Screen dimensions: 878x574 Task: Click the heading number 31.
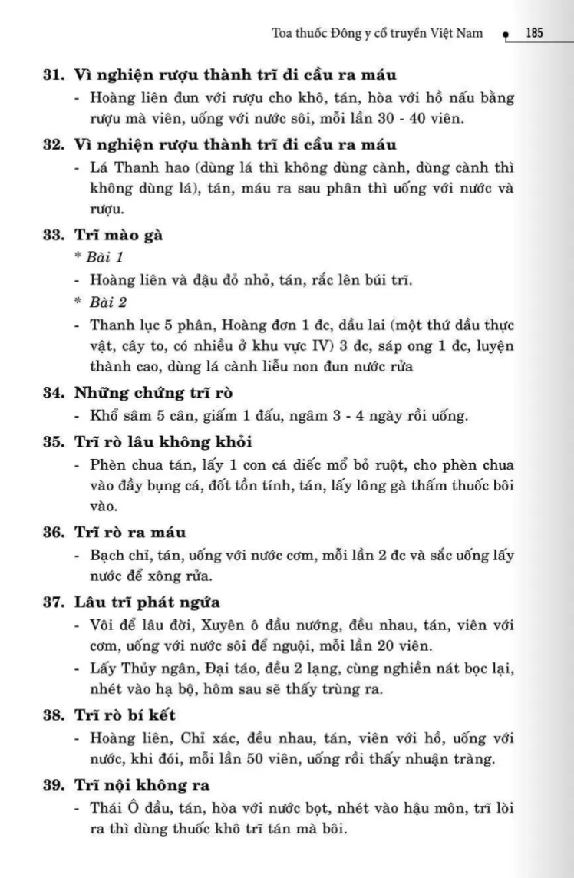53,75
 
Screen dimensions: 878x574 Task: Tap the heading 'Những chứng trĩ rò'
153,394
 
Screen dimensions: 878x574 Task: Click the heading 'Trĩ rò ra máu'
130,531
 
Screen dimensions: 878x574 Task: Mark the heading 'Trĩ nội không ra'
142,785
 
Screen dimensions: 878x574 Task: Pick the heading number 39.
53,785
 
